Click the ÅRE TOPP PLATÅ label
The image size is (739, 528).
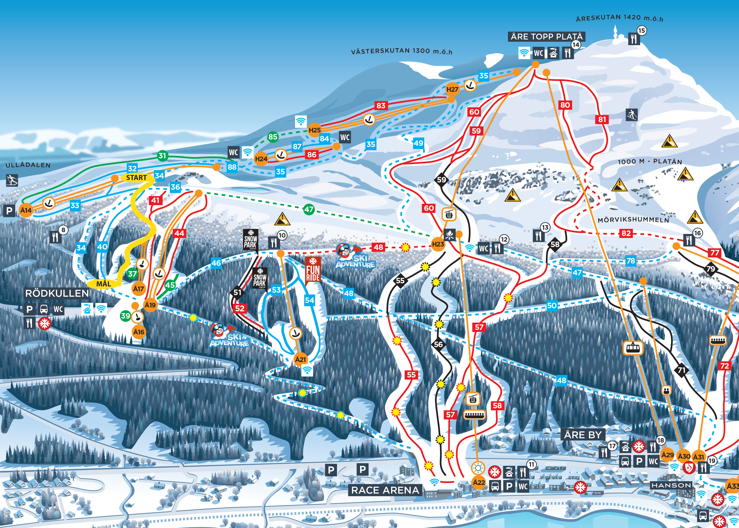pyautogui.click(x=546, y=36)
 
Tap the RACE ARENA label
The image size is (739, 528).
pyautogui.click(x=385, y=490)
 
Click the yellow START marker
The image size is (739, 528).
pyautogui.click(x=136, y=177)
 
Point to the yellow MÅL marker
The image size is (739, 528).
pyautogui.click(x=103, y=284)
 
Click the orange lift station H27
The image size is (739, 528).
pyautogui.click(x=452, y=89)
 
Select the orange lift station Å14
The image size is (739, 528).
pyautogui.click(x=26, y=210)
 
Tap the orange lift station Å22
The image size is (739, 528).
pyautogui.click(x=479, y=482)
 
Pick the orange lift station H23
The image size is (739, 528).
pyautogui.click(x=438, y=244)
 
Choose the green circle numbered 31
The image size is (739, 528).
pyautogui.click(x=162, y=156)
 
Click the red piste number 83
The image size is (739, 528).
pyautogui.click(x=381, y=105)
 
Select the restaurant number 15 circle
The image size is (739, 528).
pyautogui.click(x=641, y=31)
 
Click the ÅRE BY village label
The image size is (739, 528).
pyautogui.click(x=583, y=434)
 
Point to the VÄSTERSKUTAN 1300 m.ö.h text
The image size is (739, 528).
pyautogui.click(x=402, y=51)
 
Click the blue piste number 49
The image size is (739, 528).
pyautogui.click(x=418, y=143)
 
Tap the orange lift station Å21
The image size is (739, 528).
pyautogui.click(x=300, y=359)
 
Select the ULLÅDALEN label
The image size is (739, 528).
pyautogui.click(x=28, y=165)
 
